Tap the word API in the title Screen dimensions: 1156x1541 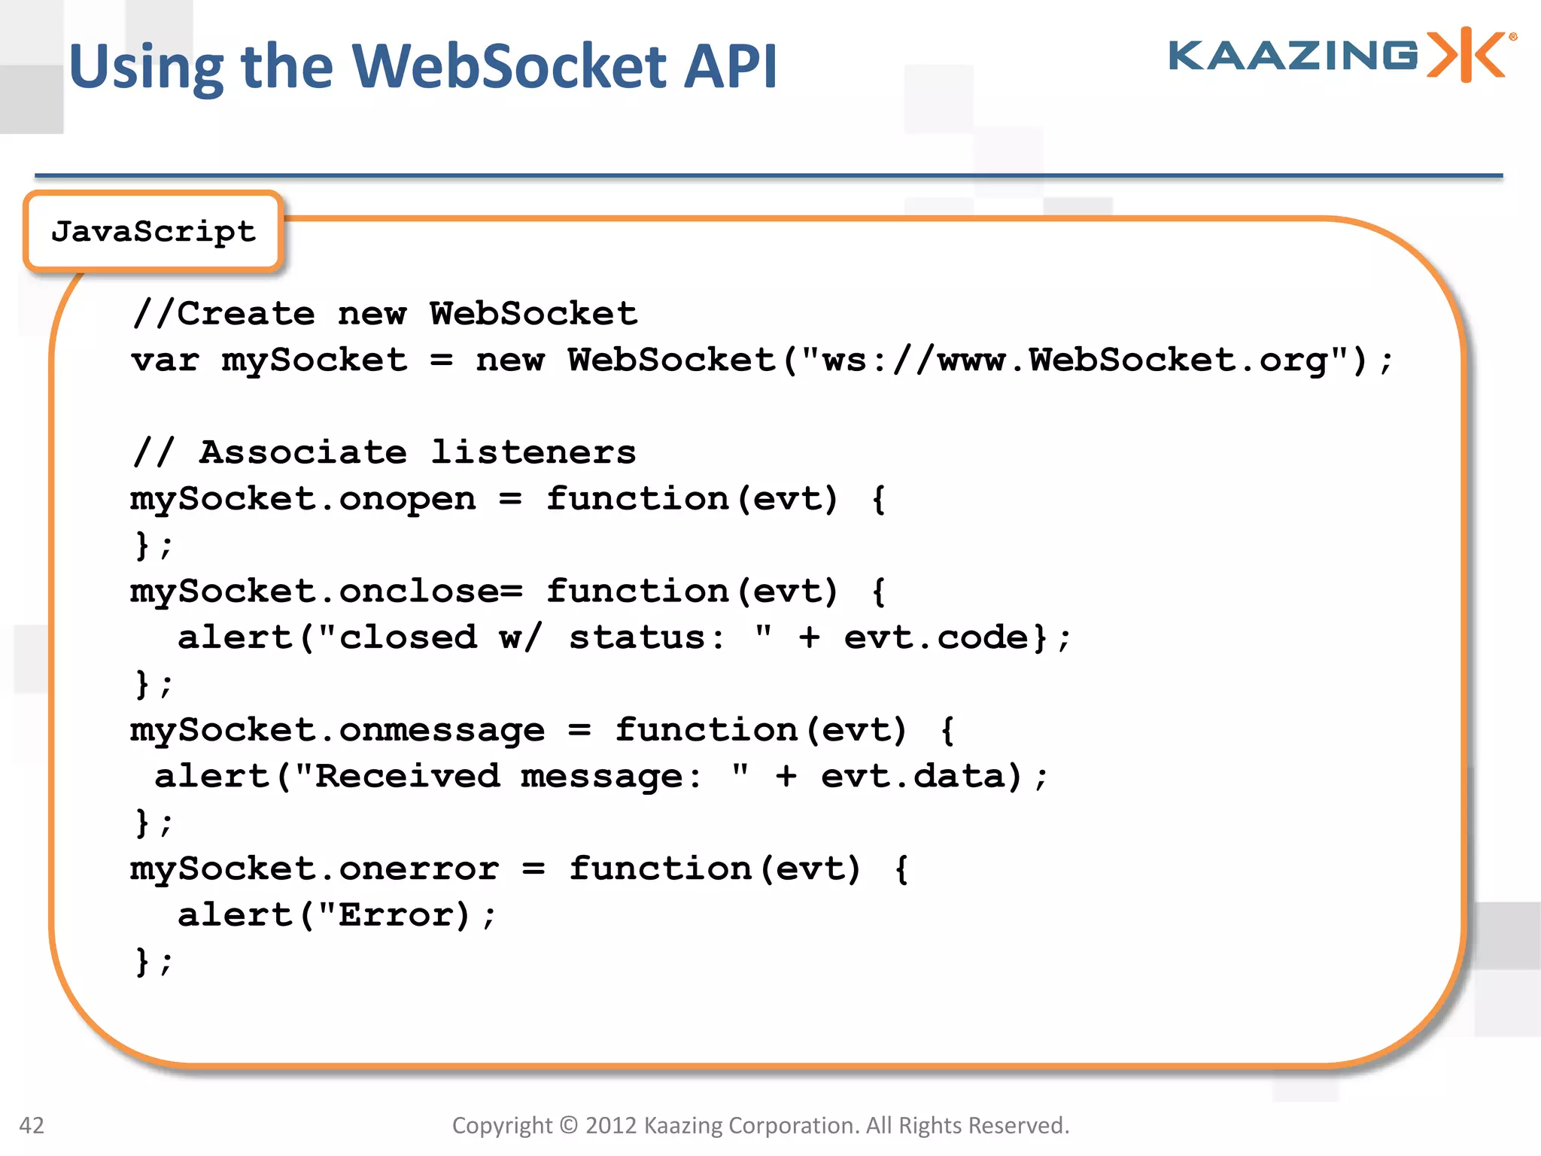(730, 66)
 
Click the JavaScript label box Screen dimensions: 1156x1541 (153, 232)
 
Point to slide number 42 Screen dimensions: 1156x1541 (32, 1125)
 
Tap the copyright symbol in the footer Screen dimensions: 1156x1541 (569, 1125)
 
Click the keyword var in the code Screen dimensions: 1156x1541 (165, 360)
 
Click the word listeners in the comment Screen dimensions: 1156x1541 (533, 452)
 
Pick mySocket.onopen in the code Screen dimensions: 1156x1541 (303, 499)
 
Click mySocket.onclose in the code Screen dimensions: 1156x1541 (315, 592)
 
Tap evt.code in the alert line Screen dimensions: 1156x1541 (936, 638)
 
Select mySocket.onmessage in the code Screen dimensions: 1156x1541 (338, 731)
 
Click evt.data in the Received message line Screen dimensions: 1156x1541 (913, 777)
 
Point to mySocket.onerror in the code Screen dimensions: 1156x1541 (315, 869)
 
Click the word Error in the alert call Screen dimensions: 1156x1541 (395, 916)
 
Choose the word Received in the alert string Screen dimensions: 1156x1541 (407, 777)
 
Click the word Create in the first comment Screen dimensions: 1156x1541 (245, 314)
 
